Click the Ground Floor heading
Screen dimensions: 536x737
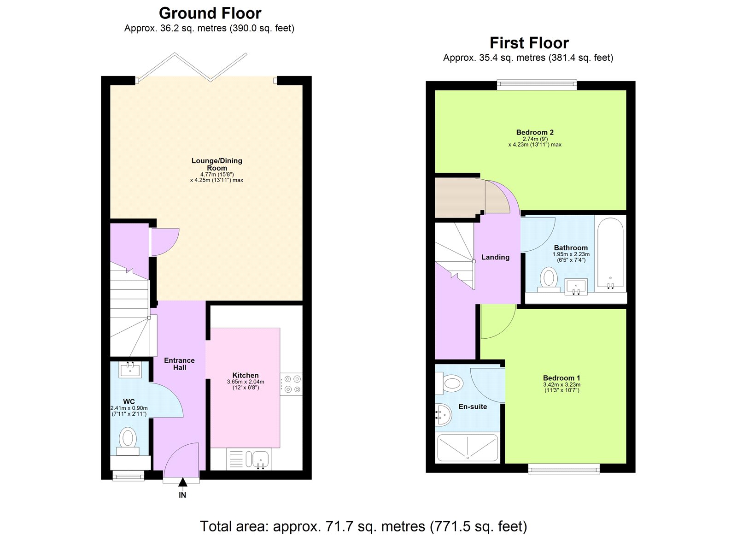click(210, 13)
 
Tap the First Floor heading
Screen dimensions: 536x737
click(529, 43)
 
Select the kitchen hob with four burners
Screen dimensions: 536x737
click(291, 384)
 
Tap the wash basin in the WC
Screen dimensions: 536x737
click(129, 369)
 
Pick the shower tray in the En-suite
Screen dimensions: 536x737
click(468, 447)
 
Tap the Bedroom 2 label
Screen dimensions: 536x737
click(535, 132)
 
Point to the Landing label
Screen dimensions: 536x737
click(495, 257)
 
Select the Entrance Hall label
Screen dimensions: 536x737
click(179, 364)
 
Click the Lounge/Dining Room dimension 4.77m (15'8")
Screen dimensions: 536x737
click(217, 174)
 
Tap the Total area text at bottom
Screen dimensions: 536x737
click(363, 526)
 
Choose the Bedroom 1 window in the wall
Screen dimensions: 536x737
click(564, 469)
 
